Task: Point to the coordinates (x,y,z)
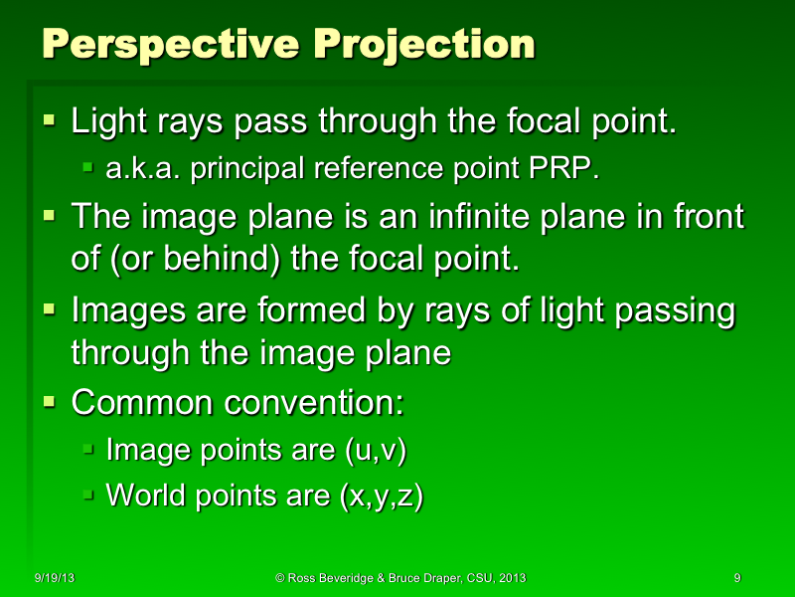pyautogui.click(x=382, y=495)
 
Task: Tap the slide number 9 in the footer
pyautogui.click(x=736, y=578)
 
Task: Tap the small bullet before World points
pyautogui.click(x=88, y=494)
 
